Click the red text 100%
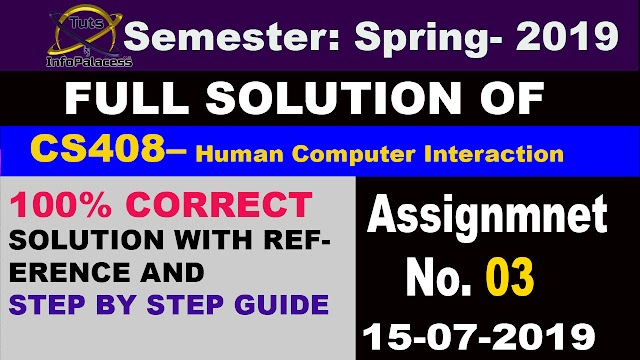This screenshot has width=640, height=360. point(59,204)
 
